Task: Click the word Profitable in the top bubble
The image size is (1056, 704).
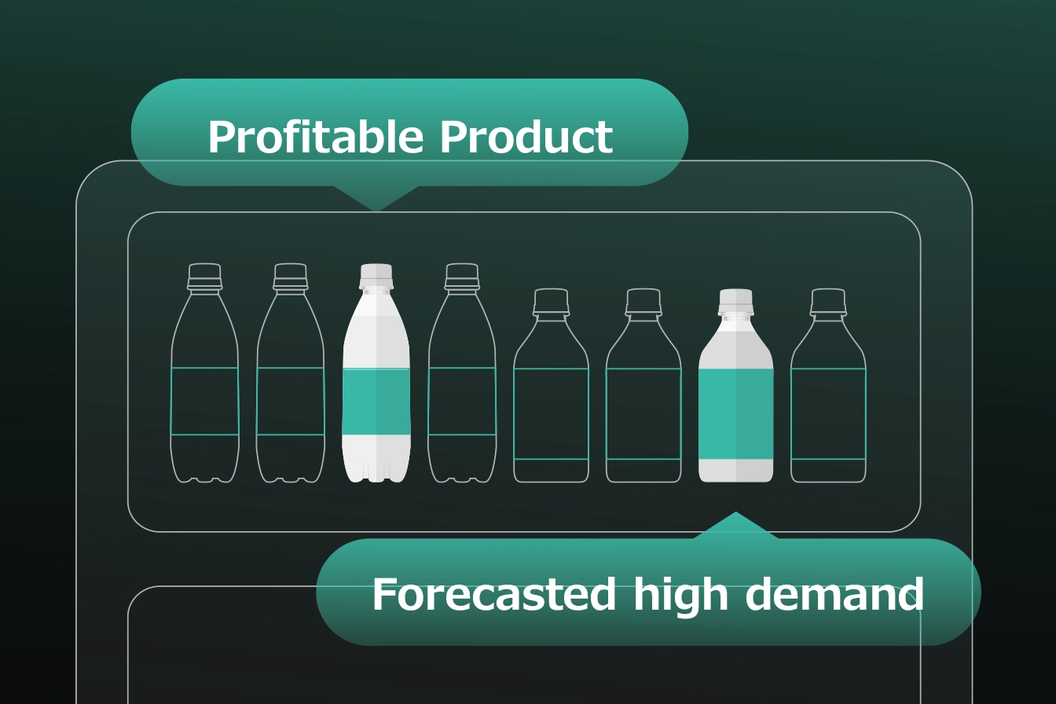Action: point(315,137)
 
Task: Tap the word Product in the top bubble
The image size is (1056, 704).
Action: point(526,136)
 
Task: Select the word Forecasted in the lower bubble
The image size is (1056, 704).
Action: point(493,594)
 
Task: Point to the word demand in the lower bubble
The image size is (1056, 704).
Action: point(834,594)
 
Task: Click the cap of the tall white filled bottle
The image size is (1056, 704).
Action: point(376,276)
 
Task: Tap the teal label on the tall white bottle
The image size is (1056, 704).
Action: point(376,401)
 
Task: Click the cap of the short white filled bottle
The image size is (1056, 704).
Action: point(735,302)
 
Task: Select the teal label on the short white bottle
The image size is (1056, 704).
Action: point(736,413)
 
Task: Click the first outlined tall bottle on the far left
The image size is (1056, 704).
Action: point(204,372)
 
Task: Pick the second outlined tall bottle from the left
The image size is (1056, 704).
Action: point(291,372)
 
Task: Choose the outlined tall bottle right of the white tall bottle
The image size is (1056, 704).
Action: point(462,372)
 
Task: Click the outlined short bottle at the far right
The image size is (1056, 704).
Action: point(828,385)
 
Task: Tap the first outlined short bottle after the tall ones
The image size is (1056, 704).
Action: point(551,385)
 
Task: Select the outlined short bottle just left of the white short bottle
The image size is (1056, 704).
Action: point(643,385)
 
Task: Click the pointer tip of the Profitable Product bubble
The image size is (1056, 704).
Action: point(376,211)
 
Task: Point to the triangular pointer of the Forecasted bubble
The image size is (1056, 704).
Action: point(735,526)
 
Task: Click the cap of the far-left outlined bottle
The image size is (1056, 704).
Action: point(204,276)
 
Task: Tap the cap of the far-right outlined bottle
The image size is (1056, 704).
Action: point(828,302)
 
